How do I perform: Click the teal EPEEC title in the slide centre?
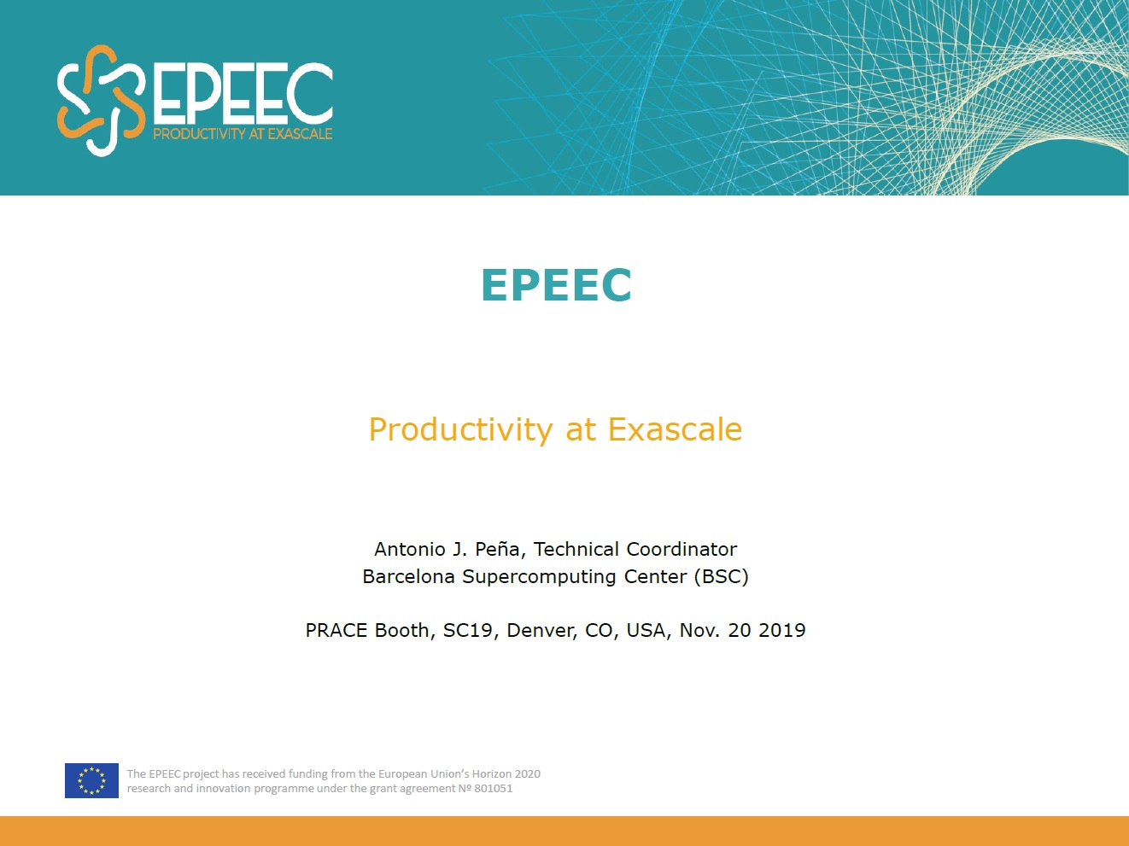(x=556, y=285)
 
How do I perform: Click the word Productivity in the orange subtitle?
(x=460, y=429)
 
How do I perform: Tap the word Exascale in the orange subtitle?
(x=675, y=429)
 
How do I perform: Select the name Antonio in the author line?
(x=410, y=549)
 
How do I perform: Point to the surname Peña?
(x=497, y=549)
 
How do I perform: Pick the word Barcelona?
(x=408, y=576)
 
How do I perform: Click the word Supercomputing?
(x=539, y=577)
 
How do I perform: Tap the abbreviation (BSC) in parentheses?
(x=721, y=576)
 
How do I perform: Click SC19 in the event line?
(x=467, y=630)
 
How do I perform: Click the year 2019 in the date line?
(x=781, y=630)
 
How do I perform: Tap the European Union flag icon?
(x=91, y=780)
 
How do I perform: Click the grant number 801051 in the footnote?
(x=494, y=789)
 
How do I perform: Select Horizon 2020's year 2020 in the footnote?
(x=527, y=773)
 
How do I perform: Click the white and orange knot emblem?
(x=101, y=100)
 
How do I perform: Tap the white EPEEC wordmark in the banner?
(x=243, y=93)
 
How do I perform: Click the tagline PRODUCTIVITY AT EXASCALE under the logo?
(x=243, y=134)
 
